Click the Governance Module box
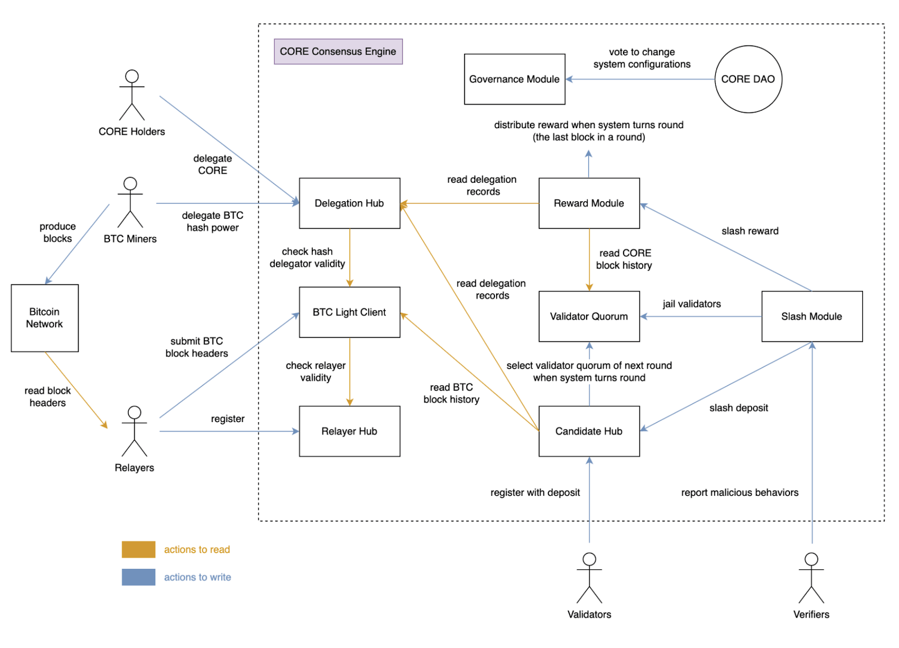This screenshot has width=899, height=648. coord(514,79)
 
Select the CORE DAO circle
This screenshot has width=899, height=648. coord(748,79)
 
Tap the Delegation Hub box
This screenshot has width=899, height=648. coord(349,203)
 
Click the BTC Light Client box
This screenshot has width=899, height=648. coord(349,312)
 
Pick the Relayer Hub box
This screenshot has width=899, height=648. coord(349,431)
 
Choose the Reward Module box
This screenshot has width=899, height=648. coord(589,203)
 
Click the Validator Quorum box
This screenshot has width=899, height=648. coord(589,316)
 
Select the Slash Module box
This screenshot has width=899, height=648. coord(811,316)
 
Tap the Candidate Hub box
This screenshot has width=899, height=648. coord(589,431)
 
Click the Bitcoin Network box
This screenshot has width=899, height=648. coord(44,318)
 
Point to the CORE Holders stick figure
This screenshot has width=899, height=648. coord(131,95)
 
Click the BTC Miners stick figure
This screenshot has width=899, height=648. coord(130,202)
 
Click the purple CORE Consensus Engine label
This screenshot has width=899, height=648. coord(338,52)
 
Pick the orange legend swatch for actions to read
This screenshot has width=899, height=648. coord(138,550)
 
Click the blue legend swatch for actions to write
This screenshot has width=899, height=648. coord(138,577)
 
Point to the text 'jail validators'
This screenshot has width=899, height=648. coord(691,304)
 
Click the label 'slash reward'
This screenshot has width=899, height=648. coord(750,231)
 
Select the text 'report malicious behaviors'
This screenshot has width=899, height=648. coord(739,493)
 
